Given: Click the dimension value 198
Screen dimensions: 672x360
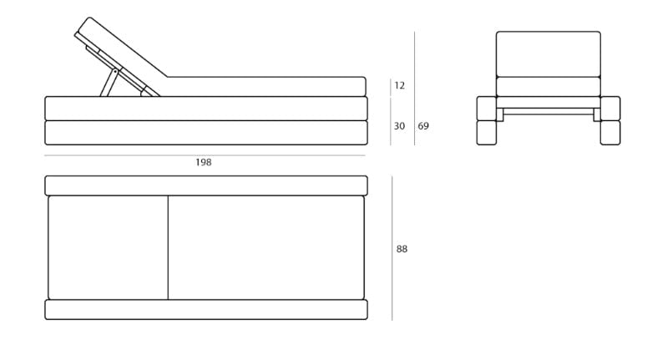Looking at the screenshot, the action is point(204,162).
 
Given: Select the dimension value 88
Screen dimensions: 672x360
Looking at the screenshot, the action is point(402,249).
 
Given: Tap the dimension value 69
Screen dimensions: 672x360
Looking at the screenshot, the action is point(423,126).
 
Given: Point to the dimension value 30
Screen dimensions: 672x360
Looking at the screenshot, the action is point(399,126).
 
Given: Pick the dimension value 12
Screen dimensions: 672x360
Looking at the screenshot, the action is point(399,86).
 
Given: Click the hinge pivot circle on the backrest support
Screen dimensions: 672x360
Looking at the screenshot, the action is point(115,71).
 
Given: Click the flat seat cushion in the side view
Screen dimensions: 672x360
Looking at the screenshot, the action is point(265,87).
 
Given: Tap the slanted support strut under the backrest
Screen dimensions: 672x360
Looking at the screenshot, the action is point(109,83).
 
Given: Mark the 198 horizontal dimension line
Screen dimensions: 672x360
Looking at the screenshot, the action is point(205,155).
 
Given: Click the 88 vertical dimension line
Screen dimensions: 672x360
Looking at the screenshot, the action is point(392,248).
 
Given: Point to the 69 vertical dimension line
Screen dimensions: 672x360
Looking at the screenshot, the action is point(414,89).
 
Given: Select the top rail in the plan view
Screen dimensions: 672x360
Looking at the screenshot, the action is point(206,185).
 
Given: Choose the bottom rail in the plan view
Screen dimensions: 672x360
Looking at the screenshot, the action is point(206,309).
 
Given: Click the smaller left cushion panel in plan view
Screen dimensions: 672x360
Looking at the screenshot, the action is point(108,248).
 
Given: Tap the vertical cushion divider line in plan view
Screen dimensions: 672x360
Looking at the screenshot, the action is point(168,248).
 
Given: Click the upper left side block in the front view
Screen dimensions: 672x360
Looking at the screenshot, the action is point(487,109).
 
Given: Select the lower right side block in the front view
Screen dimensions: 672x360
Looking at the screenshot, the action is point(610,133).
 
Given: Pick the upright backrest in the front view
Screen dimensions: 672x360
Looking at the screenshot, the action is point(548,54).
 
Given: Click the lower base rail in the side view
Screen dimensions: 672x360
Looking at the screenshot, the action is point(206,133).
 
